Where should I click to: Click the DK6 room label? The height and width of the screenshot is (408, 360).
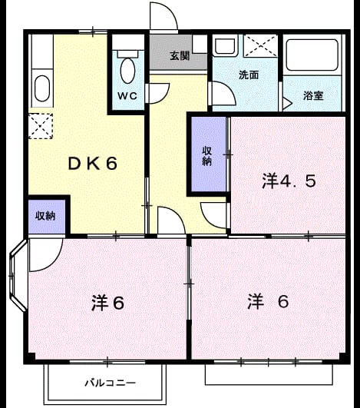pos(93,164)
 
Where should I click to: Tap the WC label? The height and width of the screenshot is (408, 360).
pos(127,96)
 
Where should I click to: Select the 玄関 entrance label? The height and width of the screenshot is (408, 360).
pos(180,56)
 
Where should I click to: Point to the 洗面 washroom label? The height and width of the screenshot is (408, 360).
pos(249,75)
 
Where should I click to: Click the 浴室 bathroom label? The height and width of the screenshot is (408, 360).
pos(313,96)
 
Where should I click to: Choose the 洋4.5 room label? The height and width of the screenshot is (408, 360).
pos(289,181)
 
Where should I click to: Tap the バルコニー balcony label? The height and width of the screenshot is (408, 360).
pos(111,383)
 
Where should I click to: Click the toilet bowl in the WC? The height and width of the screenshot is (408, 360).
pos(127,71)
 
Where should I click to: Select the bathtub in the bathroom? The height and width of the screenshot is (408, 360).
pos(312,55)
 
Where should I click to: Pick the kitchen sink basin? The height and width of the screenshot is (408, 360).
pos(42,88)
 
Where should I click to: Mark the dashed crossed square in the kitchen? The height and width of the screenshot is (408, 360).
pos(41,126)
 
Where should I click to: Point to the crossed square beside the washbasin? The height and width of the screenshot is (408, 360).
pos(260,46)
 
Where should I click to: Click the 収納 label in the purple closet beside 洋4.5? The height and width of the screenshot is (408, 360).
pos(207,156)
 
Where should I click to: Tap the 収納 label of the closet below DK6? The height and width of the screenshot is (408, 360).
pos(45,216)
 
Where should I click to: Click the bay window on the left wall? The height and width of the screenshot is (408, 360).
pos(18,275)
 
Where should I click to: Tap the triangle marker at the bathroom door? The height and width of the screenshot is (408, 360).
pos(287,104)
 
